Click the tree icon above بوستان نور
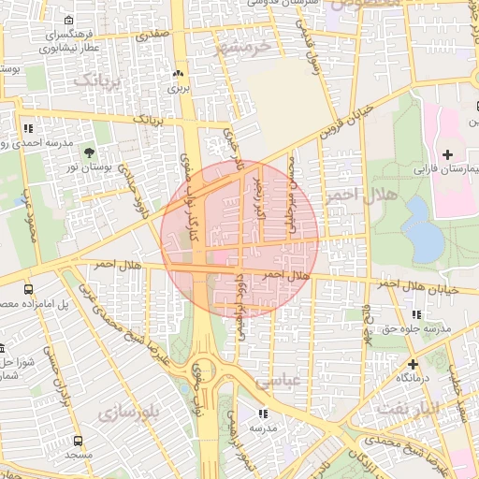pos(89,152)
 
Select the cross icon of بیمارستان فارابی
pos(447,153)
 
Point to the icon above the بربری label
pos(178,73)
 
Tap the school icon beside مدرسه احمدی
pos(29,128)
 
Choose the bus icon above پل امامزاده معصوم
pos(29,289)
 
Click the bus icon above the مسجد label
pos(78,440)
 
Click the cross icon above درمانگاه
pos(413,363)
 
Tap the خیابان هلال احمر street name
pos(419,288)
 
